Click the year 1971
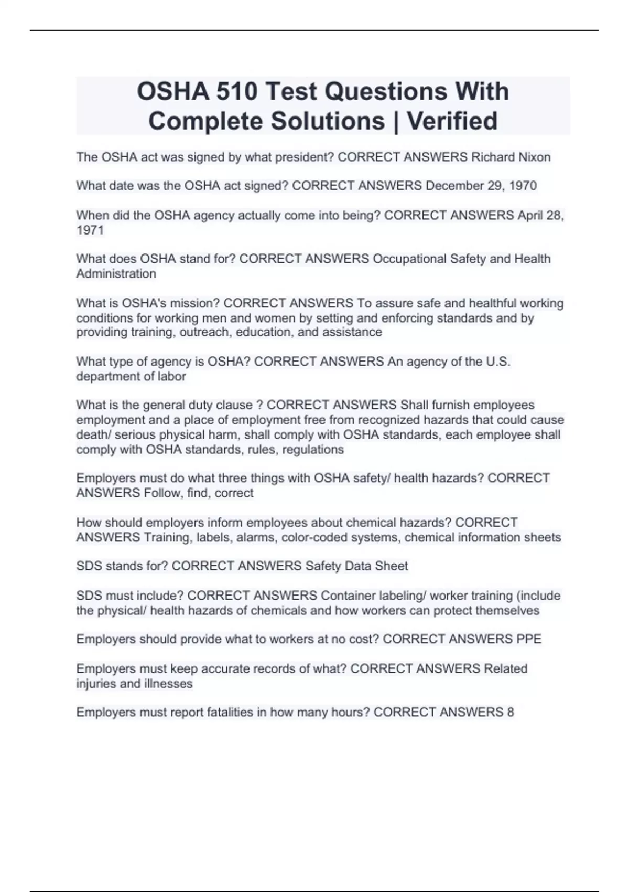(x=90, y=230)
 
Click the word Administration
(x=116, y=273)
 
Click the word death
(x=93, y=434)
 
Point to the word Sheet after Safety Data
(x=391, y=566)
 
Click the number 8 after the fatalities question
(x=510, y=712)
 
